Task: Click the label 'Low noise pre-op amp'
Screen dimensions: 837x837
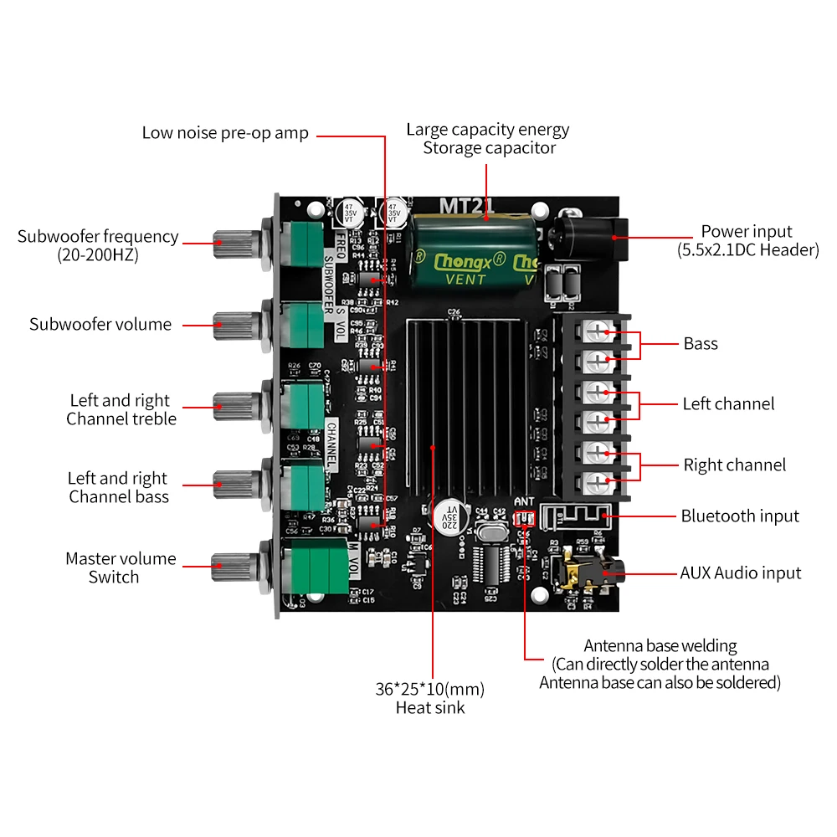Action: [x=225, y=133]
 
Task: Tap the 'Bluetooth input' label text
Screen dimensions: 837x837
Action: [x=740, y=516]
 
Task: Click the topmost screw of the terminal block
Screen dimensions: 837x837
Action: [x=597, y=332]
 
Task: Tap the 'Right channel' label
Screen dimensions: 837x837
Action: [x=735, y=465]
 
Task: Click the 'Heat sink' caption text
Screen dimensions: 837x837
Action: [x=430, y=708]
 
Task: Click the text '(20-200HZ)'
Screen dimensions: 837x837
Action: [x=98, y=255]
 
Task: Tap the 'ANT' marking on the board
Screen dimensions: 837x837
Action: [x=524, y=502]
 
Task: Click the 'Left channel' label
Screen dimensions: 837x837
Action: [x=728, y=403]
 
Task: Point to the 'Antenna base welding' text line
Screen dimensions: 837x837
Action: [x=660, y=646]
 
